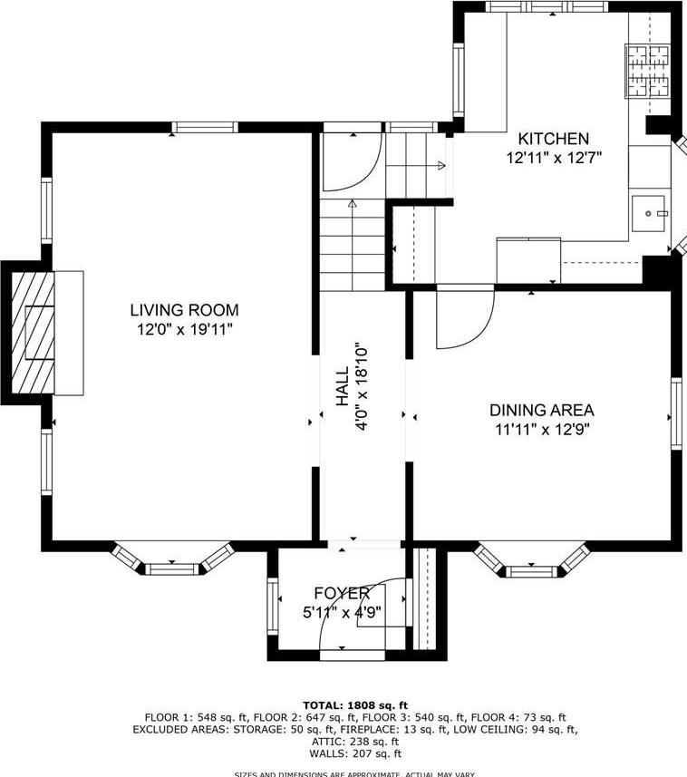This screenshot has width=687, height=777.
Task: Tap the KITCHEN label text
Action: coord(553,139)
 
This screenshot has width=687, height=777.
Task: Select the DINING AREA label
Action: coord(540,410)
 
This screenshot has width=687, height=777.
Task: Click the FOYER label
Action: coord(342,594)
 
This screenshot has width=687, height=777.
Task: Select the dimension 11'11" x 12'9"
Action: coord(540,430)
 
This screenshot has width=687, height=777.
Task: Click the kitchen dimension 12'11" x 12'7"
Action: coord(554,158)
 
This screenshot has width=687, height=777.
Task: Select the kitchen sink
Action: coord(650,213)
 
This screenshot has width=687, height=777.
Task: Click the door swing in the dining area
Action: coord(462,317)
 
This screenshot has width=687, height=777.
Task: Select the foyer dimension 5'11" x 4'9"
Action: coord(342,612)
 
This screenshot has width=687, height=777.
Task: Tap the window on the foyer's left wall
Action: coord(271,605)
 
